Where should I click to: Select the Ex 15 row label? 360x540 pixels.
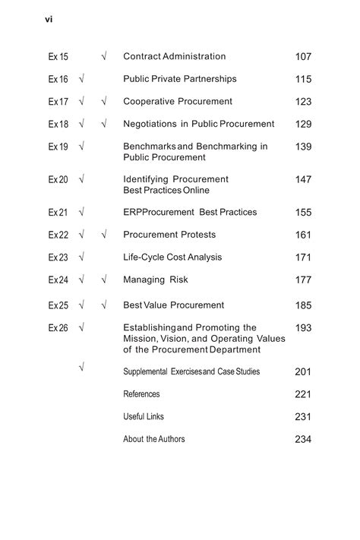point(58,57)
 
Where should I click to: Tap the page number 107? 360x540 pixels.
point(303,57)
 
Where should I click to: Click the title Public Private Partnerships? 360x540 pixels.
point(179,79)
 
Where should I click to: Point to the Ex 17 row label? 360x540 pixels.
point(58,102)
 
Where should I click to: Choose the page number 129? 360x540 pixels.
point(303,125)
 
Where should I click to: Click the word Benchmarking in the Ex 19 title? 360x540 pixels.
point(224,147)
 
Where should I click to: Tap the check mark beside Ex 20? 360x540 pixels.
point(81,180)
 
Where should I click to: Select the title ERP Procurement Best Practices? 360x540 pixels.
point(190,213)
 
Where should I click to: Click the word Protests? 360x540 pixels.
point(196,235)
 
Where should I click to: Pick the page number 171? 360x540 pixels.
point(303,257)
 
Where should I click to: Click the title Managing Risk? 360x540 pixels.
point(155,280)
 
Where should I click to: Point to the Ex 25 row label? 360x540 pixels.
point(58,305)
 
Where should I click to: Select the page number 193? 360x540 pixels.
point(303,328)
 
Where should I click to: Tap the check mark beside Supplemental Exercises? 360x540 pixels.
point(81,368)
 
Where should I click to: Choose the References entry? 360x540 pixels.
point(141,394)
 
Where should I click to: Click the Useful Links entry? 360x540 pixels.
point(143,417)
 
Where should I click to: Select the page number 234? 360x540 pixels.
point(303,440)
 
